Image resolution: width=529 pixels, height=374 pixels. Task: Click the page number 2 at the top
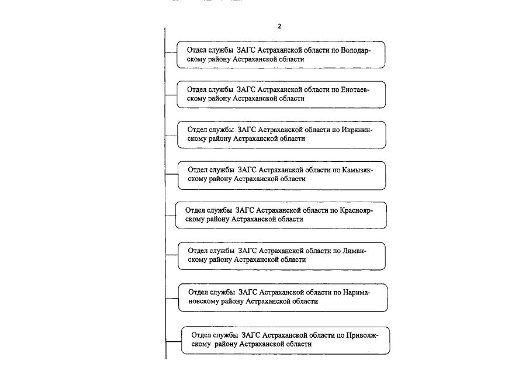click(x=279, y=26)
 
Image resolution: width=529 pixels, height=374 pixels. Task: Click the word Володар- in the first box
click(x=355, y=50)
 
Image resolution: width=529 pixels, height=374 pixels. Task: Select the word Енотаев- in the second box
click(x=355, y=90)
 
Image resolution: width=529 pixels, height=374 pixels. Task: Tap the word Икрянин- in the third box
click(x=357, y=130)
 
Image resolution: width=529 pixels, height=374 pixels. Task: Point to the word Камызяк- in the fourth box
click(x=357, y=170)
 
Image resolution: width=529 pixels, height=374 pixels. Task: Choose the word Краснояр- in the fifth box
click(x=356, y=210)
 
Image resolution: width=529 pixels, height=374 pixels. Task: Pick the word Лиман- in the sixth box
click(x=354, y=251)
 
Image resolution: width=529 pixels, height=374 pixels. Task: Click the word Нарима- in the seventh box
click(x=357, y=292)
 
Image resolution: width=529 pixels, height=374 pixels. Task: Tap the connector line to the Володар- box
click(x=171, y=53)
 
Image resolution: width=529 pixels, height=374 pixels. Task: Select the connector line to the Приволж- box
click(x=174, y=342)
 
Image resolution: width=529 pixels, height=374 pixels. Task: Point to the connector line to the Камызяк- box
click(x=172, y=174)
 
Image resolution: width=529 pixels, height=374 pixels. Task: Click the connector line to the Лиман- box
click(x=172, y=255)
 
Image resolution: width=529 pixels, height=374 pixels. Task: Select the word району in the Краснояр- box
click(x=217, y=219)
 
